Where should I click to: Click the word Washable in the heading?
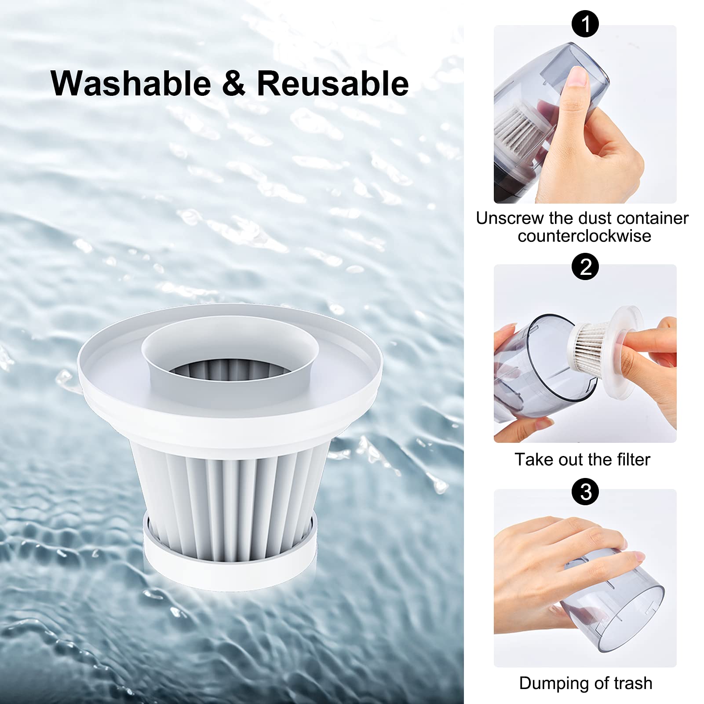coord(131,84)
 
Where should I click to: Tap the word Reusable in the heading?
coord(332,84)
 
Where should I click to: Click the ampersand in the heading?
coord(233,84)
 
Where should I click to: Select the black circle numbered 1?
coord(585,24)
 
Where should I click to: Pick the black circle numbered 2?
coord(585,266)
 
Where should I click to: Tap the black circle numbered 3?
coord(585,492)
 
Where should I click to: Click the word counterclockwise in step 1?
coord(584,236)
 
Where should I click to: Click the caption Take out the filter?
coord(582,460)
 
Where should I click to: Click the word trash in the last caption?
coord(633,683)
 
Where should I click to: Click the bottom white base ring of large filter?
coord(230,572)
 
